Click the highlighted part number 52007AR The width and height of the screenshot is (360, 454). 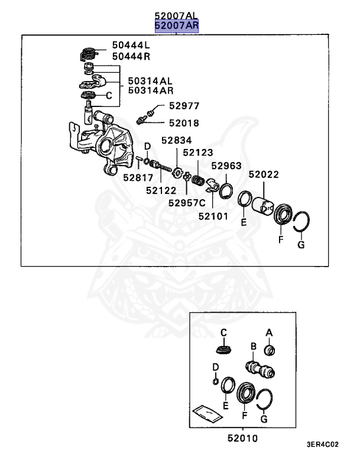(177, 25)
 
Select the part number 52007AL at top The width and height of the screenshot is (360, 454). (177, 15)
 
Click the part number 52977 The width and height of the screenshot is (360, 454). (184, 106)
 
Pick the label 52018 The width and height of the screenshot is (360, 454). (184, 124)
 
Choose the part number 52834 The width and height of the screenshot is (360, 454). (175, 141)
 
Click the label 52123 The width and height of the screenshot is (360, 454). (197, 152)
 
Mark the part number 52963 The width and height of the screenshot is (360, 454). (226, 166)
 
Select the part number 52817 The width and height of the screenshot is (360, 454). (138, 177)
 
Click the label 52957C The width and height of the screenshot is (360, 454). (186, 202)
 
